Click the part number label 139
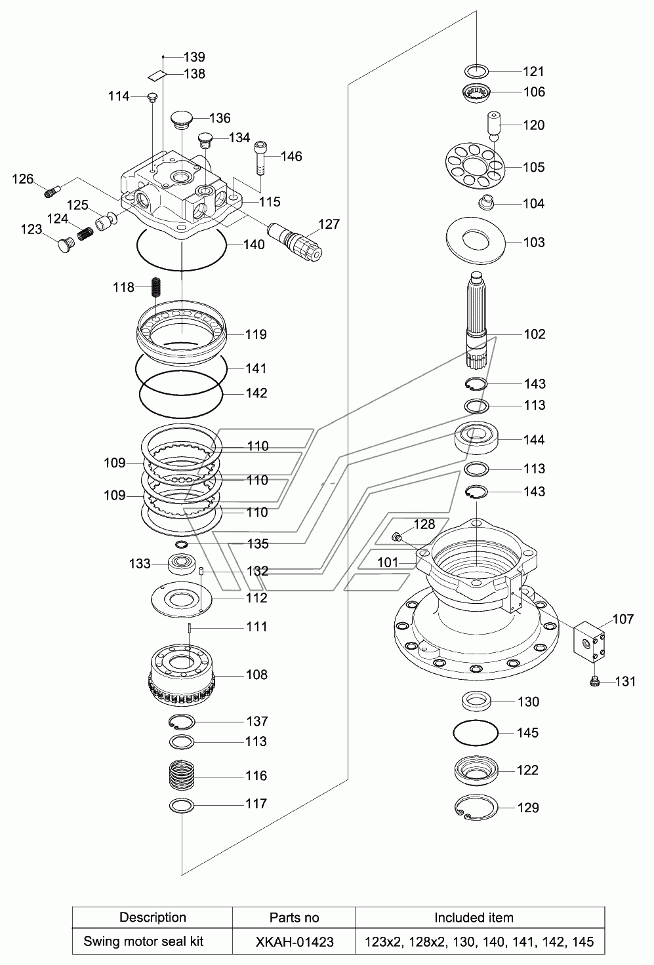point(194,57)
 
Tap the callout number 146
point(291,157)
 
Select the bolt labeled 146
point(261,158)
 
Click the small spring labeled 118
point(157,287)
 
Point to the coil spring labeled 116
point(182,775)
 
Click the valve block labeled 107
point(589,642)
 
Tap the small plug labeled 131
point(595,681)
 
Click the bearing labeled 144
point(476,439)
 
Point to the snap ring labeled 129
point(476,807)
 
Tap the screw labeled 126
point(52,190)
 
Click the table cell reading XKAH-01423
point(295,942)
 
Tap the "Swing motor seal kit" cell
point(144,942)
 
